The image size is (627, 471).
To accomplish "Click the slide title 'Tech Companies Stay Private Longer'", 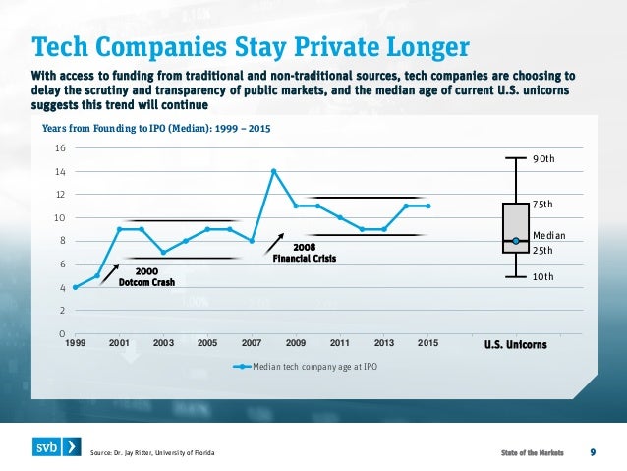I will pos(250,46).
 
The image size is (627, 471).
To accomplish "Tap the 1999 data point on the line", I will pos(75,287).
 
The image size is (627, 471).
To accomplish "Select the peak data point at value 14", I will pos(273,171).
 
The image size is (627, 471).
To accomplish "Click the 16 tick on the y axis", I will pos(60,148).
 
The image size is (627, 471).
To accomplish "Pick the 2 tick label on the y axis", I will pos(62,311).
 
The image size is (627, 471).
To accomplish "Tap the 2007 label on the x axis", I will pos(251,343).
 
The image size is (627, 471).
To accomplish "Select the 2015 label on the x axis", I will pos(427,343).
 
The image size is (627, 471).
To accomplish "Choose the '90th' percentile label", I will pos(543,158).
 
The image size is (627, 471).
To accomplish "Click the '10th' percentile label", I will pos(543,277).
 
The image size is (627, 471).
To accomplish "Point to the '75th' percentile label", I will pos(543,205).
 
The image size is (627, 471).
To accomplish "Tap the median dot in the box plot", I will pos(515,241).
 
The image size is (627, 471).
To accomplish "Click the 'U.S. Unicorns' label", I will pos(516,344).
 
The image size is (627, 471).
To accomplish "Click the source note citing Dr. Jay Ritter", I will pos(151,452).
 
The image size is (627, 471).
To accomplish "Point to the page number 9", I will pos(593,451).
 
